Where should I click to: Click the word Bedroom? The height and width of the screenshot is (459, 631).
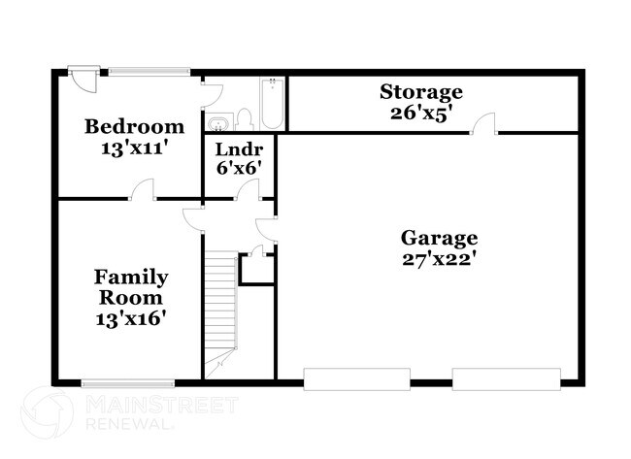click(x=134, y=126)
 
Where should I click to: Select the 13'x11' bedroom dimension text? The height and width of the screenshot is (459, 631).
click(x=134, y=149)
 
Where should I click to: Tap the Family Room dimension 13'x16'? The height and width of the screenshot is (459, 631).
click(x=130, y=317)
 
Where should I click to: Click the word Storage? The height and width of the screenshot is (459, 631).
click(x=420, y=92)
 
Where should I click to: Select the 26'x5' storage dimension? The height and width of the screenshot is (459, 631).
click(x=420, y=112)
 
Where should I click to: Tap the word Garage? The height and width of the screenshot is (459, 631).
click(x=439, y=238)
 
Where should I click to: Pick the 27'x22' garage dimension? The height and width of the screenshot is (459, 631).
click(x=439, y=259)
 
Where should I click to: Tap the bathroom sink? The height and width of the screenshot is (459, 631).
click(x=219, y=122)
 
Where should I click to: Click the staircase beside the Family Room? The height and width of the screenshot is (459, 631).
click(x=221, y=311)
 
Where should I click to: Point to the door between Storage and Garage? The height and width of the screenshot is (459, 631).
click(x=483, y=123)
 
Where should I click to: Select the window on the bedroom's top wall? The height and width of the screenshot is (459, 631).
click(x=149, y=70)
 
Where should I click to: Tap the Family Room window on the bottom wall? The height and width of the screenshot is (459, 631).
click(x=127, y=383)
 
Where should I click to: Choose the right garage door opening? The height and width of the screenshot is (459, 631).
click(x=507, y=379)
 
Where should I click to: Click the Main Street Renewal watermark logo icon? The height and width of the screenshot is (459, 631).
click(x=47, y=412)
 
